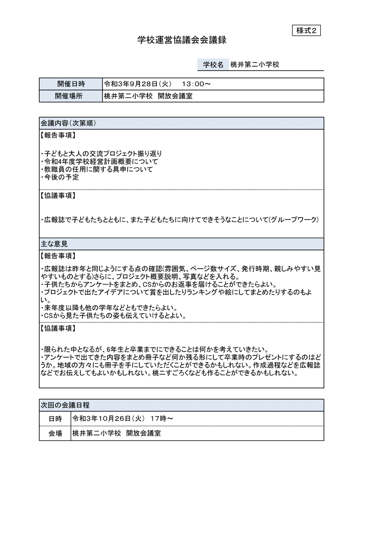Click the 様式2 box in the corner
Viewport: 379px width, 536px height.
[307, 30]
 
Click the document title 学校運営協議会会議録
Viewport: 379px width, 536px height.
[182, 41]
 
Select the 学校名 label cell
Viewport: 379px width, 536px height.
[213, 64]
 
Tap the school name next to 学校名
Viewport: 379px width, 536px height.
[255, 64]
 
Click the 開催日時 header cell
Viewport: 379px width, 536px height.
[71, 84]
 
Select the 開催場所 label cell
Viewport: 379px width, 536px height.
[71, 96]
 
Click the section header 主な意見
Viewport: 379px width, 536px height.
[54, 244]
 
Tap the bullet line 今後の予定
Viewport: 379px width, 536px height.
[60, 177]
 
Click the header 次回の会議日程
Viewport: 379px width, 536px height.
[65, 405]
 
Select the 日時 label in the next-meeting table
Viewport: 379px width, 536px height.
[55, 419]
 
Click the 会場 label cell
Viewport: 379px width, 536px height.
[55, 433]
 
